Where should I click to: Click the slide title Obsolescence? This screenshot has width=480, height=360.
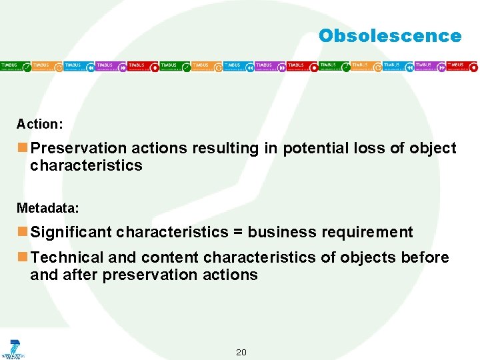(x=389, y=36)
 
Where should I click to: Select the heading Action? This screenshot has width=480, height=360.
(x=40, y=124)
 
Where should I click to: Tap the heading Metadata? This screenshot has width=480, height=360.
(x=48, y=208)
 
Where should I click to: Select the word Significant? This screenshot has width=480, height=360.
(x=71, y=232)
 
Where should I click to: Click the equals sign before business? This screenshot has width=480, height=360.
(x=238, y=232)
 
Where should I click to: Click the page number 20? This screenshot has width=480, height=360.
(x=241, y=352)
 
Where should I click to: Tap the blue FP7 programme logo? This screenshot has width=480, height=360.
(x=13, y=348)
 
